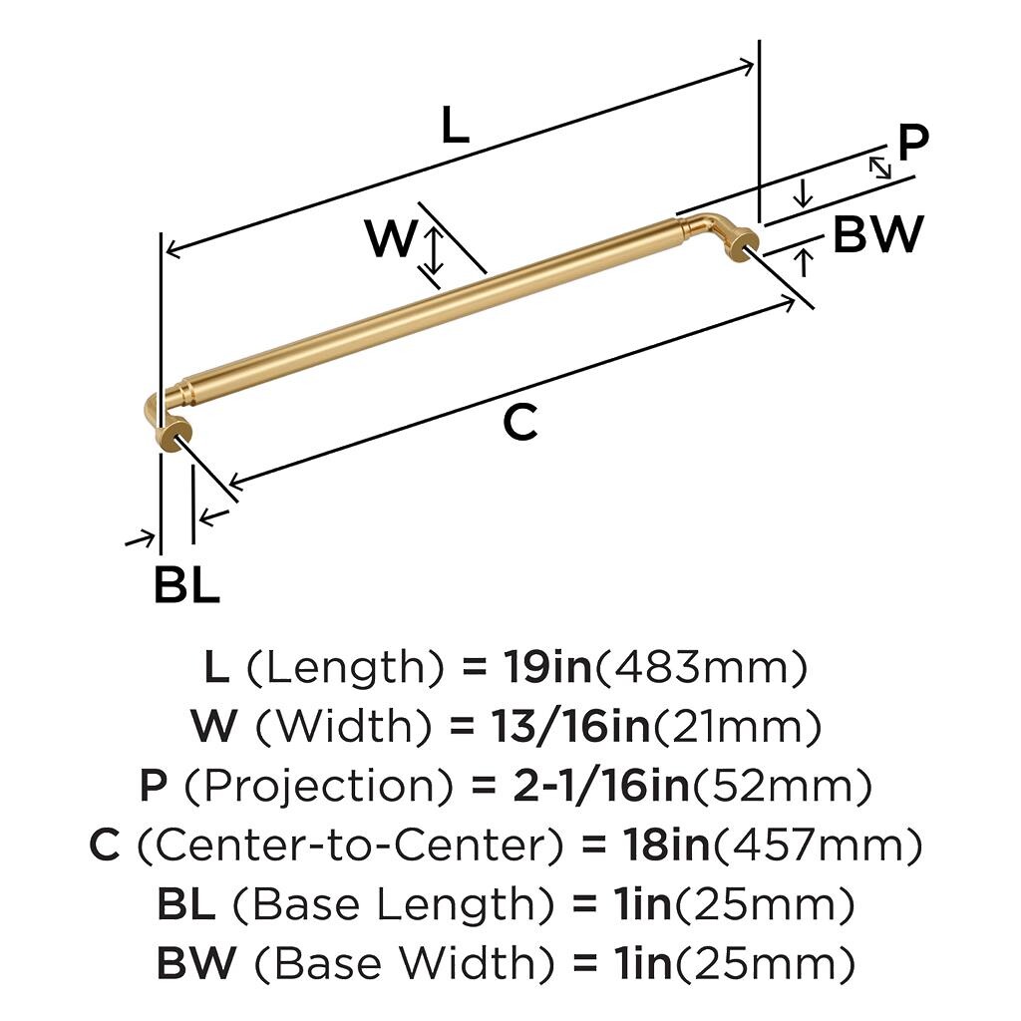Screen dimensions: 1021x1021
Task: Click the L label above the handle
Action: pos(455,125)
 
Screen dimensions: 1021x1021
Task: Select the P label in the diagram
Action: pos(912,143)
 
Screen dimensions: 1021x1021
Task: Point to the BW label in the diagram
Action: pos(877,234)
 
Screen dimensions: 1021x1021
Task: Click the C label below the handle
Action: pos(520,422)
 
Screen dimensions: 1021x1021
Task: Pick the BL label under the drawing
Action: pos(186,584)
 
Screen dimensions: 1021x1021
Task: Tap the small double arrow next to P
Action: pos(880,167)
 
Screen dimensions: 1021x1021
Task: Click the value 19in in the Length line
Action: pos(547,667)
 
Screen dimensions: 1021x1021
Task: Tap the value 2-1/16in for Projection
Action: pos(601,786)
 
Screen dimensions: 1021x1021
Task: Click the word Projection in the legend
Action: pos(318,787)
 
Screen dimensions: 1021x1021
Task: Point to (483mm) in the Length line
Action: pos(701,668)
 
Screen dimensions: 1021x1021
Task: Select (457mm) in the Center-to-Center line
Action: pos(818,846)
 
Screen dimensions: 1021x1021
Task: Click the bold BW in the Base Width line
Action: pos(196,963)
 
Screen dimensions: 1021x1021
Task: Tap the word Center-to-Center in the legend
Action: pos(350,846)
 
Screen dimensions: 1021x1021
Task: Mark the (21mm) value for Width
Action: pos(737,727)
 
